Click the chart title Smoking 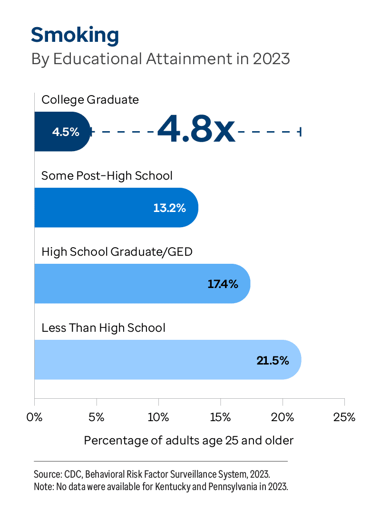coord(75,35)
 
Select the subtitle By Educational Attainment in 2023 coord(160,59)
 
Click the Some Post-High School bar coord(116,208)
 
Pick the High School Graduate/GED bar coord(142,284)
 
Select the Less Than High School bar coord(167,360)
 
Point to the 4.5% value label coord(66,132)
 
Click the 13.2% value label coord(169,208)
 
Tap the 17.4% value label coord(223,284)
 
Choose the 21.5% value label coord(273,360)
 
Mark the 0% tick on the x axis coord(35,418)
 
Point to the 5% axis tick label coord(97,418)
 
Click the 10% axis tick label coord(158,418)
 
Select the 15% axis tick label coord(221,418)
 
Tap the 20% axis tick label coord(283,418)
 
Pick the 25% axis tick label coord(344,418)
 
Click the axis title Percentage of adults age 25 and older coord(189,441)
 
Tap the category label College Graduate coord(90,100)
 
